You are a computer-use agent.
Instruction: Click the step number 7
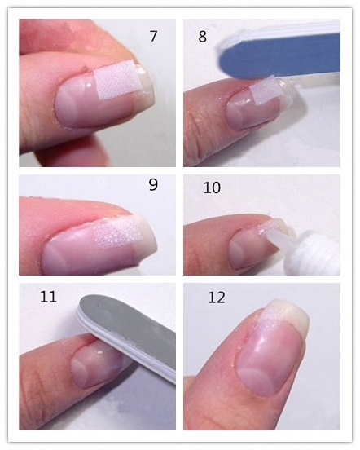[153, 36]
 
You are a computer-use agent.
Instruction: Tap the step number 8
[202, 37]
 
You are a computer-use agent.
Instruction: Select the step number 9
[153, 185]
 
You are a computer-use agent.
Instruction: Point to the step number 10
[212, 187]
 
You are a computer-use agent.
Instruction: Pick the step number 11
[48, 297]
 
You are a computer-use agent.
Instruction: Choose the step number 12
[217, 298]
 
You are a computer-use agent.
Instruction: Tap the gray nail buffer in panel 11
[128, 337]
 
